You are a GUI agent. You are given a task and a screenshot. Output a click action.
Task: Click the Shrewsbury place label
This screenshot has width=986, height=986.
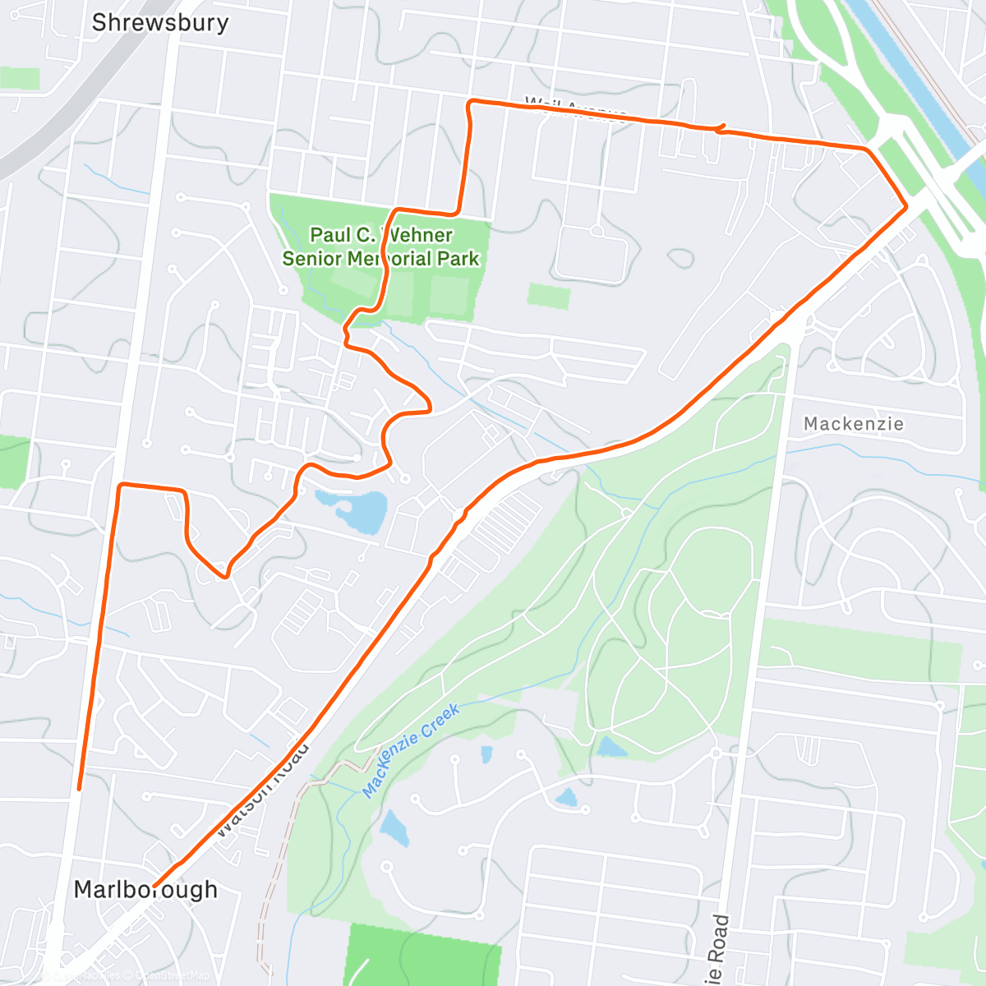(x=160, y=22)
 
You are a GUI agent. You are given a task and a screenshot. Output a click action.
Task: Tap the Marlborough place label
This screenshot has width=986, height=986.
(x=145, y=889)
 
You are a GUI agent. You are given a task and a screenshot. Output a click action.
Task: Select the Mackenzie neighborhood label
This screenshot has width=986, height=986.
(x=853, y=424)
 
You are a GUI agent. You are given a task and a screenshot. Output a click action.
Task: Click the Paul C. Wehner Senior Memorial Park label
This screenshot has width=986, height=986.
(x=380, y=246)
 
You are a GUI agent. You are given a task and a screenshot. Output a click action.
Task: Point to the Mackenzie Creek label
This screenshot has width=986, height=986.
(x=411, y=749)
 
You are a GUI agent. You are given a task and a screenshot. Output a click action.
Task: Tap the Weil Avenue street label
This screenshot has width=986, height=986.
(x=575, y=108)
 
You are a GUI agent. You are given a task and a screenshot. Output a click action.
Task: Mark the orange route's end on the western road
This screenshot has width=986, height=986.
(x=79, y=789)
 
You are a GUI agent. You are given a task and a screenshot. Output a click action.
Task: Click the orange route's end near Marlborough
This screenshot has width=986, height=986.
(x=154, y=886)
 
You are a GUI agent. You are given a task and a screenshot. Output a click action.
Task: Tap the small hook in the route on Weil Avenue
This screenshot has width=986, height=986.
(x=721, y=127)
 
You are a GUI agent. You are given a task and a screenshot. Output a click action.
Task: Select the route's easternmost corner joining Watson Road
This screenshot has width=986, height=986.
(x=905, y=208)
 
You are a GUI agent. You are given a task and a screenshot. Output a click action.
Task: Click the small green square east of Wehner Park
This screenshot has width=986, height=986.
(x=548, y=296)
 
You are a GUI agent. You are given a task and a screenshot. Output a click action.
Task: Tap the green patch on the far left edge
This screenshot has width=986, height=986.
(x=13, y=462)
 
